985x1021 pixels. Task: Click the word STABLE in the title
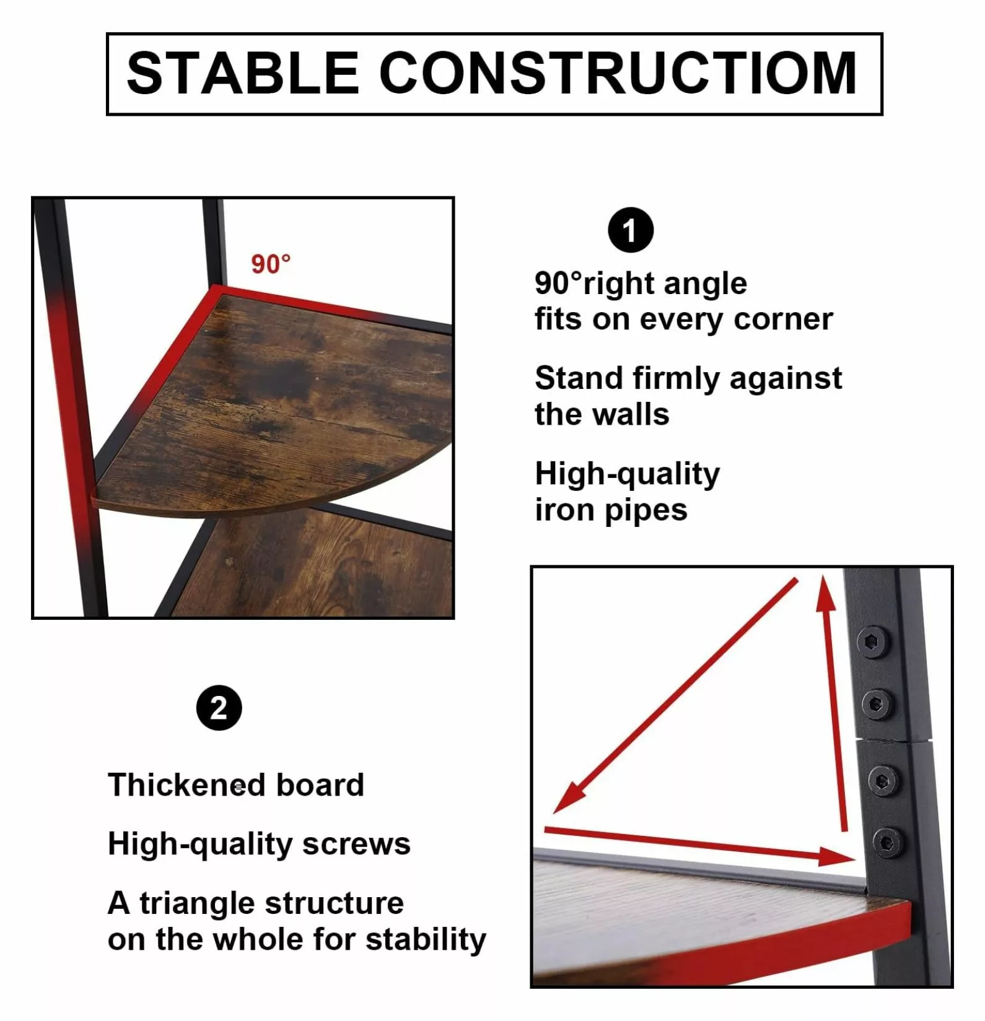[x=243, y=73]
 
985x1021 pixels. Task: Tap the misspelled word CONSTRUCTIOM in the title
[x=618, y=73]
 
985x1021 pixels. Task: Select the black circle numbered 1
[x=631, y=230]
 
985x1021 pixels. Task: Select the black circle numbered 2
[x=219, y=708]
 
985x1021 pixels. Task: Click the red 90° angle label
[x=271, y=264]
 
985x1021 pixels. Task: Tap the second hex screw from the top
[x=877, y=704]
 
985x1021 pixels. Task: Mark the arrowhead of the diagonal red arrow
[x=554, y=812]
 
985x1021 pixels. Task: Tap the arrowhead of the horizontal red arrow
[x=856, y=859]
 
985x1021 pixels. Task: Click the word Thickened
[x=187, y=784]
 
